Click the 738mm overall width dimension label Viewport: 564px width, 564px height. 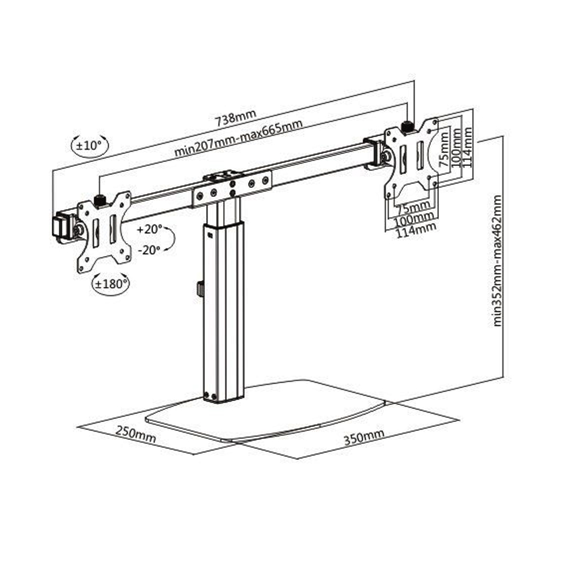click(235, 117)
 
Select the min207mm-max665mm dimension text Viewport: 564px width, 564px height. click(237, 139)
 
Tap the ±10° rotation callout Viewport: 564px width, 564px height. click(89, 145)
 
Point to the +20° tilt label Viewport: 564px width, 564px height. click(150, 230)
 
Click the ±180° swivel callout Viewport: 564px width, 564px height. click(109, 284)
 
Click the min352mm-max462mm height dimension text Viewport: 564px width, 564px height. click(497, 261)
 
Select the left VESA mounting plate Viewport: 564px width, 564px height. click(104, 231)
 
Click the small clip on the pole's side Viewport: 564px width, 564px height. click(200, 288)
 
